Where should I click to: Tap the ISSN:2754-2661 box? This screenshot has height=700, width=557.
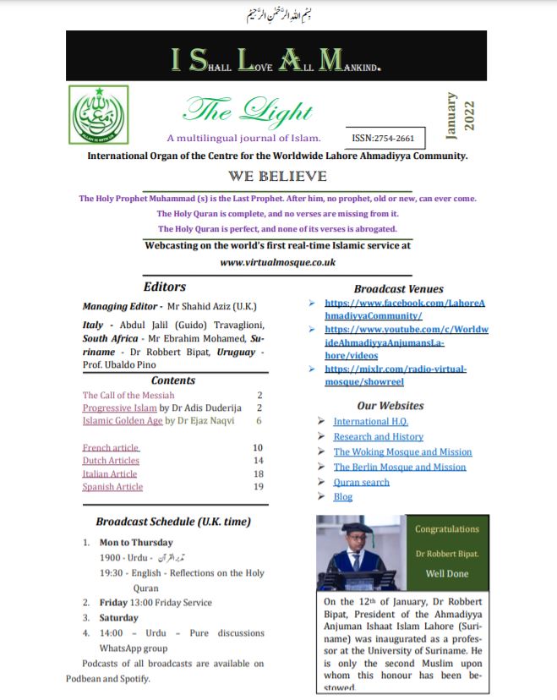click(384, 137)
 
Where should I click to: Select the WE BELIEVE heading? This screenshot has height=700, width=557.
click(277, 177)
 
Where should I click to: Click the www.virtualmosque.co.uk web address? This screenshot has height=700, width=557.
click(277, 262)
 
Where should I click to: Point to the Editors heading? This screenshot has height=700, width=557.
click(165, 287)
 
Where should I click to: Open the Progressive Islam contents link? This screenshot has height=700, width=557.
click(117, 407)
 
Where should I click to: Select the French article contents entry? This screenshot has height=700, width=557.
click(111, 447)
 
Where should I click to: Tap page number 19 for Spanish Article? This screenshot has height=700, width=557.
click(259, 486)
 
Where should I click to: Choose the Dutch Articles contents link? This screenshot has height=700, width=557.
click(111, 461)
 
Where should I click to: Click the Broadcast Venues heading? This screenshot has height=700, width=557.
click(398, 288)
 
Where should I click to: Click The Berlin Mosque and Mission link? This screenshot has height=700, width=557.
click(400, 467)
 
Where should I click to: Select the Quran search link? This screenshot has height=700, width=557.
click(362, 482)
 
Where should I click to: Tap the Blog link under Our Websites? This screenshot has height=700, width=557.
click(343, 497)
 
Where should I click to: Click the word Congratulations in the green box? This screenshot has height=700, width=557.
click(446, 529)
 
